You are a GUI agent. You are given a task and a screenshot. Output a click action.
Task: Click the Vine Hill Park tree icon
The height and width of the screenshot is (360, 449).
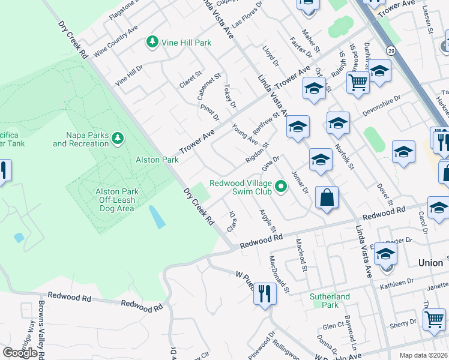click(152, 43)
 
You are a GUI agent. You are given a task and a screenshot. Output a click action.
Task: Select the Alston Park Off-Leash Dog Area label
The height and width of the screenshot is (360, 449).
click(118, 200)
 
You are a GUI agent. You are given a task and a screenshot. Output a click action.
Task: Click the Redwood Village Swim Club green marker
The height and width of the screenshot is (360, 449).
click(280, 188)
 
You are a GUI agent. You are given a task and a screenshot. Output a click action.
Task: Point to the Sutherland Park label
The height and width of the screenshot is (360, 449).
click(330, 301)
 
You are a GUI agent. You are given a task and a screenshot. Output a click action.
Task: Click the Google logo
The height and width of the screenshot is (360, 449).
click(20, 353)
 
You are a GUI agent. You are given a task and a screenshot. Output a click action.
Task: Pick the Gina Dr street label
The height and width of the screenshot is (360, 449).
click(271, 163)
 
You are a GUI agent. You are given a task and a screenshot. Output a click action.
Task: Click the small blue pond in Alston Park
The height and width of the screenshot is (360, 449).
click(157, 217)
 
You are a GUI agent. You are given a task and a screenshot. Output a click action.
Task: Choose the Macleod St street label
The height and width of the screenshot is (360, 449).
click(301, 254)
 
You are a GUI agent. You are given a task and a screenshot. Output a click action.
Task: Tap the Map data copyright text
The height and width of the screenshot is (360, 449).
click(424, 355)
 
